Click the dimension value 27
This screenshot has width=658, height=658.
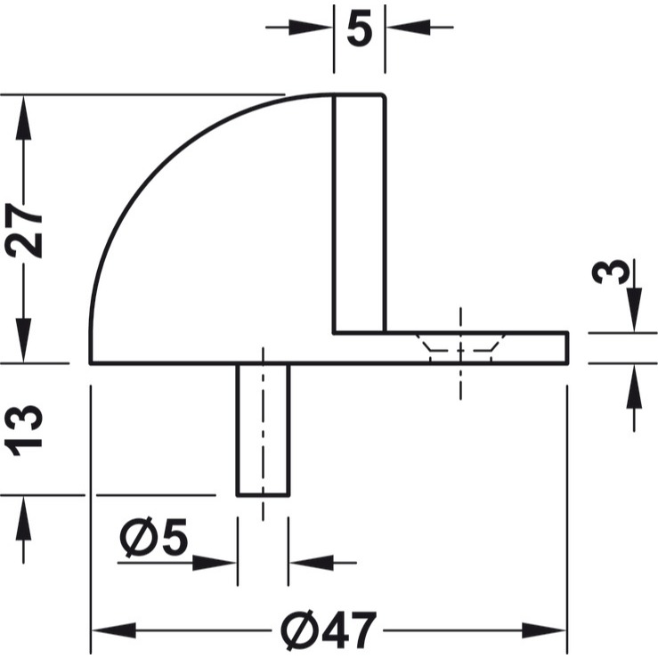[23, 230]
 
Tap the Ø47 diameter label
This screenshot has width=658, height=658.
[329, 630]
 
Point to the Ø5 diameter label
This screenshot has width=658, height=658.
[153, 538]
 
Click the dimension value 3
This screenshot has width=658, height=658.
[611, 272]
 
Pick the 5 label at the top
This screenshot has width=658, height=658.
[360, 30]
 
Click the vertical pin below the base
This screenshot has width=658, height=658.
[264, 430]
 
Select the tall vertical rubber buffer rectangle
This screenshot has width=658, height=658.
[359, 214]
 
